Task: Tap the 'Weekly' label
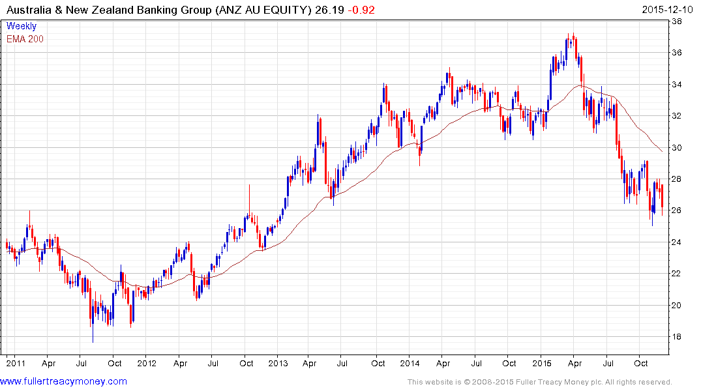tap(21, 26)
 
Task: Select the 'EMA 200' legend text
tap(25, 38)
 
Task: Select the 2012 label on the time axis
tap(146, 362)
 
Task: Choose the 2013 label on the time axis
tap(278, 362)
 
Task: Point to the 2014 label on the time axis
tap(410, 362)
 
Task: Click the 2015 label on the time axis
tap(542, 362)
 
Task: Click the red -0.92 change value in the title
tap(361, 10)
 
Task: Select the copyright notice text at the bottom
tap(539, 382)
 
